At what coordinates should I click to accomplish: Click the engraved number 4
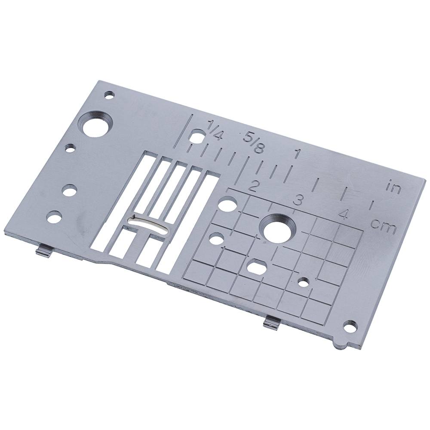pyautogui.click(x=343, y=214)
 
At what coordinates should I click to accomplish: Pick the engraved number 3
pyautogui.click(x=297, y=200)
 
